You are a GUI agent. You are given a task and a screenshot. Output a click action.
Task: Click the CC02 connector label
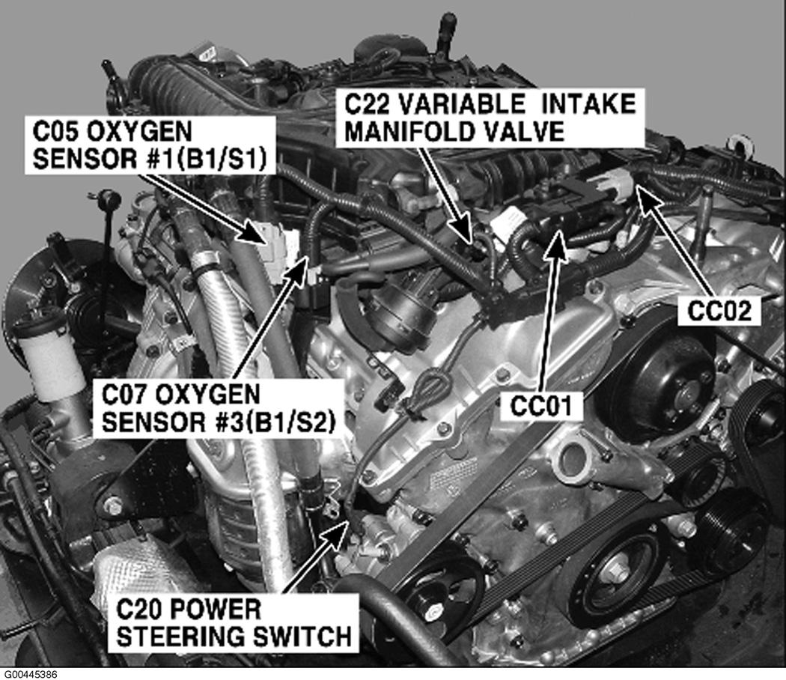(719, 311)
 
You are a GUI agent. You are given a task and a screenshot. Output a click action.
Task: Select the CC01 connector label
(541, 405)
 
